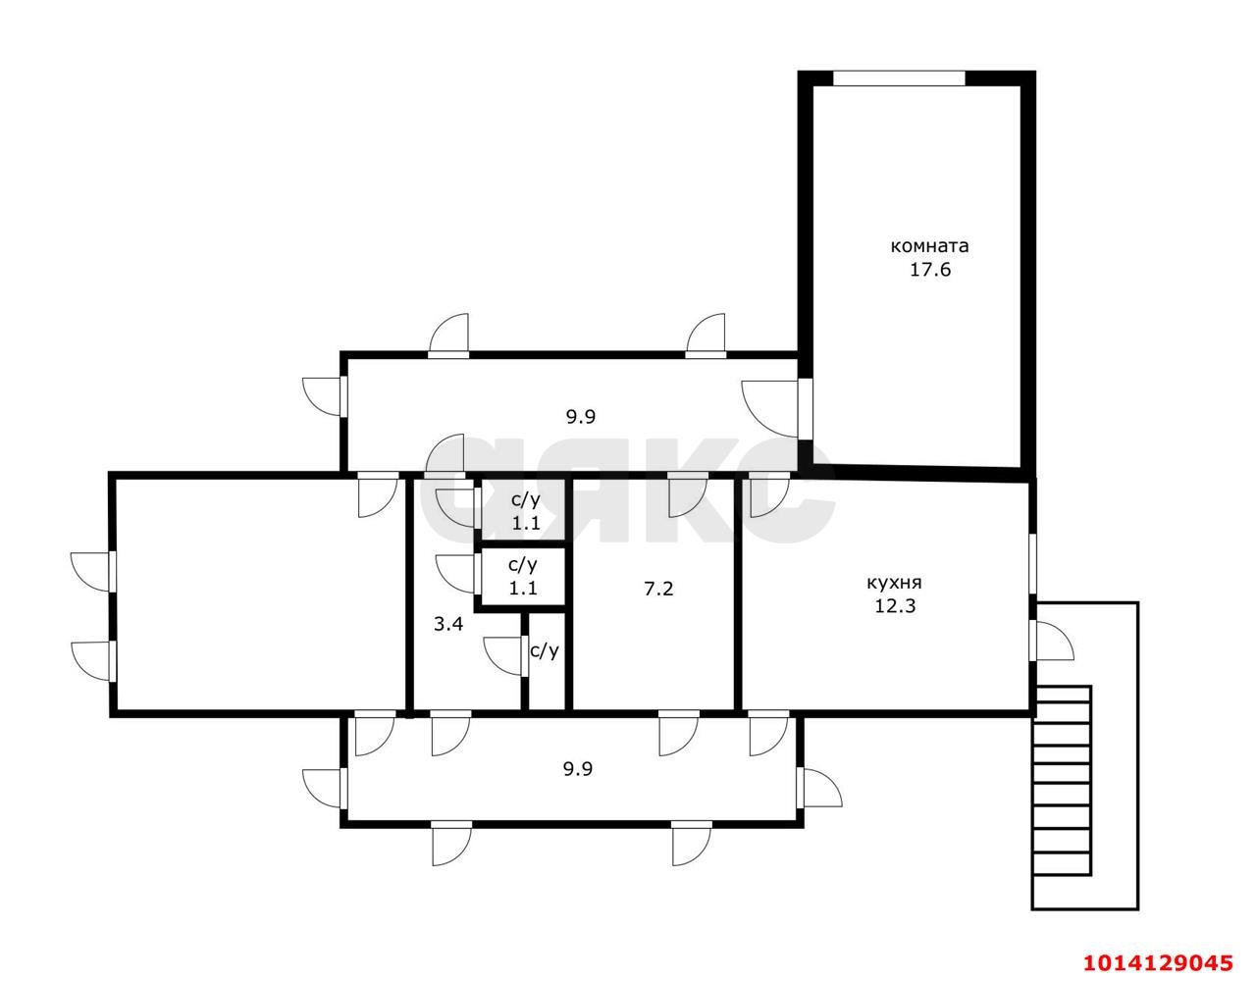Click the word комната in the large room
pos(929,246)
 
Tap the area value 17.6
pos(930,270)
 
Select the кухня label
pos(894,584)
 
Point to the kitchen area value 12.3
pos(895,606)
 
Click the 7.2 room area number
pos(658,590)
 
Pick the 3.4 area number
pos(448,624)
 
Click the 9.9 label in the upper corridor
pos(580,417)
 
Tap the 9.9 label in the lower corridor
pos(578,769)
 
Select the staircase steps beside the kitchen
pos(1063,789)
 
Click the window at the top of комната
pos(899,78)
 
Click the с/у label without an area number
pos(545,651)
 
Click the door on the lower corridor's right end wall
pos(819,787)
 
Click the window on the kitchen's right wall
pos(1032,564)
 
